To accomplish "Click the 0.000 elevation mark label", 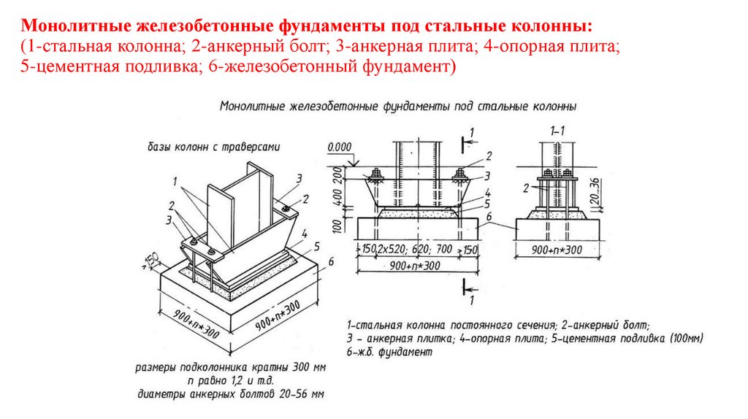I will point(340,147).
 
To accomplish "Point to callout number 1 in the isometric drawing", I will point(177,180).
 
